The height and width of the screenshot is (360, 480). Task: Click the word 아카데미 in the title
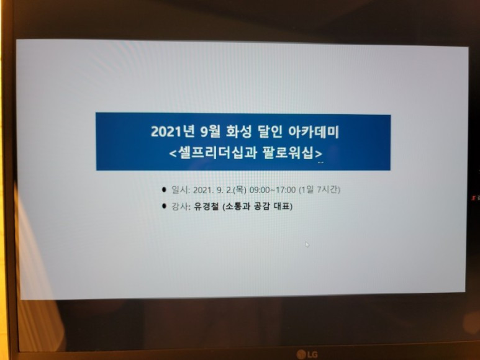[314, 132]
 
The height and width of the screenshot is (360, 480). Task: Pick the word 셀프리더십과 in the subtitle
[218, 152]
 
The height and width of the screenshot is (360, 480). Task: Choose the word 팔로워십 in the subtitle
[288, 152]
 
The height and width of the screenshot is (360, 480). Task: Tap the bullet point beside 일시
[164, 190]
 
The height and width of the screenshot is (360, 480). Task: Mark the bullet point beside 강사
[164, 206]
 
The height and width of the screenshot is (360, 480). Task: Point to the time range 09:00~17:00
[273, 190]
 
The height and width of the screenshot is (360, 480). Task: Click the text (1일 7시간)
[319, 190]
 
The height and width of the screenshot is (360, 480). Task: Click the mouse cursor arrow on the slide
[307, 244]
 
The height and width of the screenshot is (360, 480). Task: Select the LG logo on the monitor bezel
[307, 354]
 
